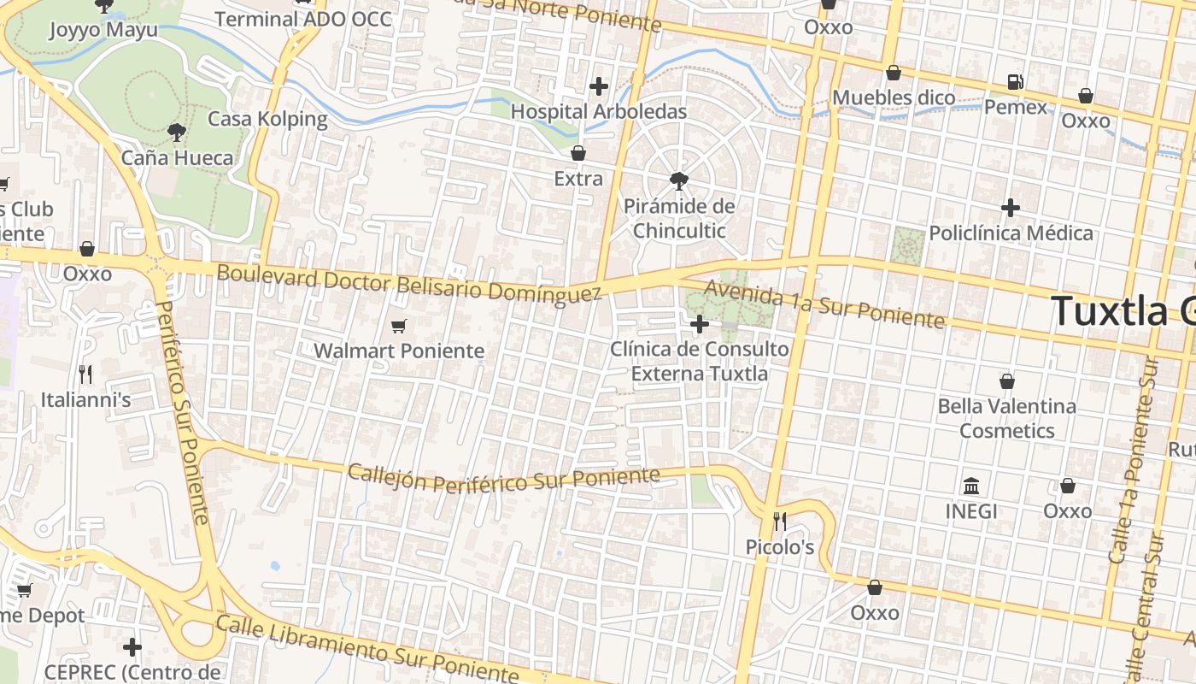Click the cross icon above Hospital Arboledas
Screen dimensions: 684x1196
(x=599, y=85)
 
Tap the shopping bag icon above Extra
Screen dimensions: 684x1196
(x=578, y=153)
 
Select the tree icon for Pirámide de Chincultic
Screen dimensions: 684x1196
(x=679, y=180)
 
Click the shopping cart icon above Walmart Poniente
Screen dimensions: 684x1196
(x=398, y=326)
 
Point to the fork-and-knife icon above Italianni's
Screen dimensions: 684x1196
(x=85, y=374)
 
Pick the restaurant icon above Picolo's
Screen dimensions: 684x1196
(x=779, y=521)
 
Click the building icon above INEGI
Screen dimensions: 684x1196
(x=971, y=486)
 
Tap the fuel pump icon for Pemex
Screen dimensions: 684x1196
(x=1015, y=82)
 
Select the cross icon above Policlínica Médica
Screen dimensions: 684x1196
(x=1011, y=208)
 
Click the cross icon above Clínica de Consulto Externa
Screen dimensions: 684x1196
(x=700, y=324)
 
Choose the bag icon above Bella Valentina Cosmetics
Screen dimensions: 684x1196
(x=1007, y=380)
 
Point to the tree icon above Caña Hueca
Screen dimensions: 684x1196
(x=177, y=132)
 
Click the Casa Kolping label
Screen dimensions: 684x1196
(x=267, y=119)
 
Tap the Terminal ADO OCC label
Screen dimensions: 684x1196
(x=303, y=19)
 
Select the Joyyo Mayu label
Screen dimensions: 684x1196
(x=103, y=31)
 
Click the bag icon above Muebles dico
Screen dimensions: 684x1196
(x=894, y=73)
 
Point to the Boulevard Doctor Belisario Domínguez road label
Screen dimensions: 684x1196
(x=409, y=284)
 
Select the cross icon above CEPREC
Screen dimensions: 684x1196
(x=132, y=646)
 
